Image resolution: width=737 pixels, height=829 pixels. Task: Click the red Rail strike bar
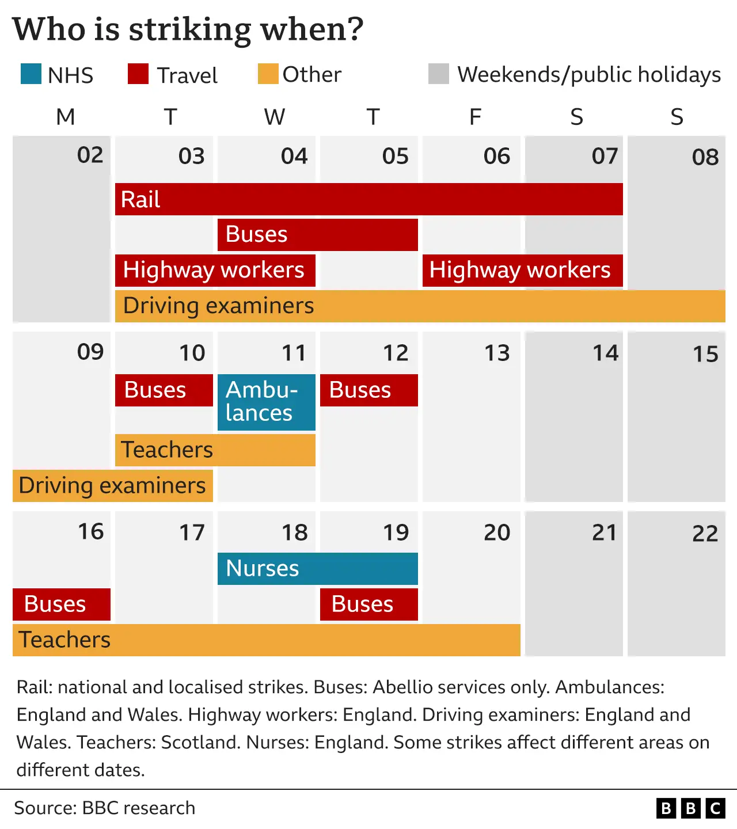[368, 199]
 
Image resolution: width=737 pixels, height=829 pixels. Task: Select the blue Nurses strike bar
[317, 569]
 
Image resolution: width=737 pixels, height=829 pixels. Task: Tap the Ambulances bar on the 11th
[266, 402]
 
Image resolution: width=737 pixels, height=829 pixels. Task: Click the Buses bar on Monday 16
[62, 604]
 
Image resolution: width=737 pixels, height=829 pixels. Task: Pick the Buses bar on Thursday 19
[368, 604]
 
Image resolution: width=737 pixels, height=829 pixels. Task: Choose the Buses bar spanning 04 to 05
[317, 235]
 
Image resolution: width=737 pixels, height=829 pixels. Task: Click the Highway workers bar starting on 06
[522, 271]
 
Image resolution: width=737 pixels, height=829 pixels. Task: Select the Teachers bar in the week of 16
[266, 640]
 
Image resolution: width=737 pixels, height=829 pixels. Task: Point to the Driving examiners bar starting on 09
[113, 486]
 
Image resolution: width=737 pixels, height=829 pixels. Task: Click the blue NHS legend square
[31, 74]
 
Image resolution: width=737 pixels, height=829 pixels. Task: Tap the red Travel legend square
[138, 74]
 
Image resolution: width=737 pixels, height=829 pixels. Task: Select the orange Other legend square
[268, 74]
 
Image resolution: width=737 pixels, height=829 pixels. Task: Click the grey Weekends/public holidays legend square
[439, 74]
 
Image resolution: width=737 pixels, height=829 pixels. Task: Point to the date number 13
[497, 353]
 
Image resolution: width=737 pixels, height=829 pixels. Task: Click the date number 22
[705, 534]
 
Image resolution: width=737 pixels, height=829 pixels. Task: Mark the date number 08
[705, 157]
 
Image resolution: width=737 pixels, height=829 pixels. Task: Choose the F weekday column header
[475, 117]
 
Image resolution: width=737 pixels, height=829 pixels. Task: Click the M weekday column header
[66, 117]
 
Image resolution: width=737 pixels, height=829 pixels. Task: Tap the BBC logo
[690, 808]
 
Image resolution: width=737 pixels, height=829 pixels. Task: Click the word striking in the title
[190, 29]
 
